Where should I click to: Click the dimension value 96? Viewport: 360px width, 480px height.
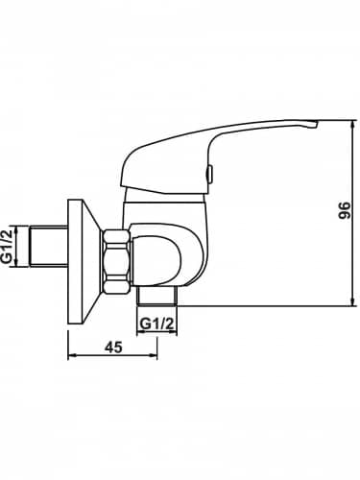[345, 210]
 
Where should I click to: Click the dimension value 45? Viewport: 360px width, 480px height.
[114, 348]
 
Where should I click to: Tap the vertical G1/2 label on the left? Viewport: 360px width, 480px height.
[8, 247]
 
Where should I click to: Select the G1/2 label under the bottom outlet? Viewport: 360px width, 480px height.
[157, 324]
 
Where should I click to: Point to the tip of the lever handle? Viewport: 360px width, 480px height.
[318, 122]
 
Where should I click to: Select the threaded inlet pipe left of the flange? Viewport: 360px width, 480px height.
[48, 246]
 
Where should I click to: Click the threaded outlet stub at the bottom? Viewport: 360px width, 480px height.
[156, 295]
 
